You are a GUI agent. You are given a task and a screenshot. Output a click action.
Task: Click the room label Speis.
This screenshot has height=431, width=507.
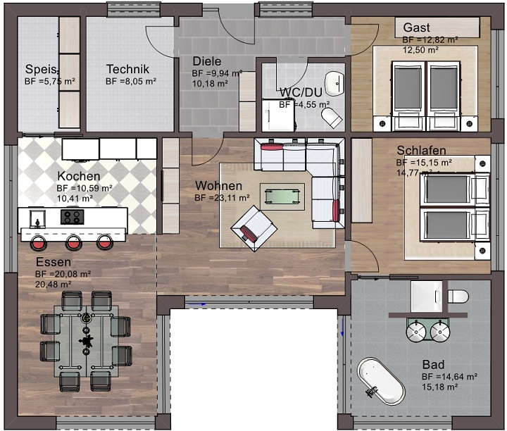(x=40, y=69)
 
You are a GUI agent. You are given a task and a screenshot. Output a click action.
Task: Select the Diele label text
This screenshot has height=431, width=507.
(x=206, y=61)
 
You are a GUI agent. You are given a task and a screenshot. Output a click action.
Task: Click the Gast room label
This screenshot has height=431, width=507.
(x=416, y=27)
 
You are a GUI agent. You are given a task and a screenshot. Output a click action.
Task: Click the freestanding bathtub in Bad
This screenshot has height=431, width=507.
(x=381, y=381)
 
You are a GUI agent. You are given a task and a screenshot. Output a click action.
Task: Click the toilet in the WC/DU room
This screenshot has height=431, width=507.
(x=332, y=116)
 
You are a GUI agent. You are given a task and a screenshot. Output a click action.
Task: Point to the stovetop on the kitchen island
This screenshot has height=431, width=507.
(x=71, y=216)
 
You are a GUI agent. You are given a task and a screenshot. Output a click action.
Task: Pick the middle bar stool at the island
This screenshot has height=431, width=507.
(x=73, y=242)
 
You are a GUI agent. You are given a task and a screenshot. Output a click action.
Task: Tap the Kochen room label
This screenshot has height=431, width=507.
(x=79, y=176)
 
